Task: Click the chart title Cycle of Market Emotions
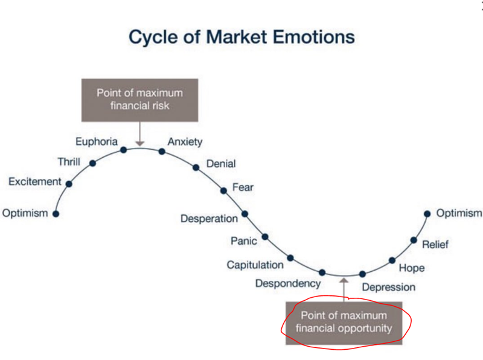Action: [x=242, y=37]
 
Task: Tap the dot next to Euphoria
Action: [x=124, y=150]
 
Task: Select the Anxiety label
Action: [x=185, y=142]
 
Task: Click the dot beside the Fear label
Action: [x=223, y=191]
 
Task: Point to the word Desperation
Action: [x=209, y=219]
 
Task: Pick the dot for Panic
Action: [x=265, y=237]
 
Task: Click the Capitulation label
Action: [x=255, y=265]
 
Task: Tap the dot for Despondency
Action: [x=322, y=272]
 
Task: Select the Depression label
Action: [x=389, y=288]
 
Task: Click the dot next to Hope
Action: [x=392, y=260]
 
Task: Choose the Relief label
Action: [x=435, y=245]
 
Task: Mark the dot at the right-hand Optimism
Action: [x=427, y=214]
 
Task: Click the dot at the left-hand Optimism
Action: [x=56, y=214]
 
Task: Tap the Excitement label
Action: [x=35, y=182]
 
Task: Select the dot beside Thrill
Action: [x=92, y=163]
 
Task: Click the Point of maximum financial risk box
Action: [x=140, y=100]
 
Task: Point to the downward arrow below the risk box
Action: [x=140, y=133]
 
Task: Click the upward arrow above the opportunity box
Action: [x=344, y=289]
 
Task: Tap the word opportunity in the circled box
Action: [x=365, y=329]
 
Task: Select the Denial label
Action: [x=221, y=164]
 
